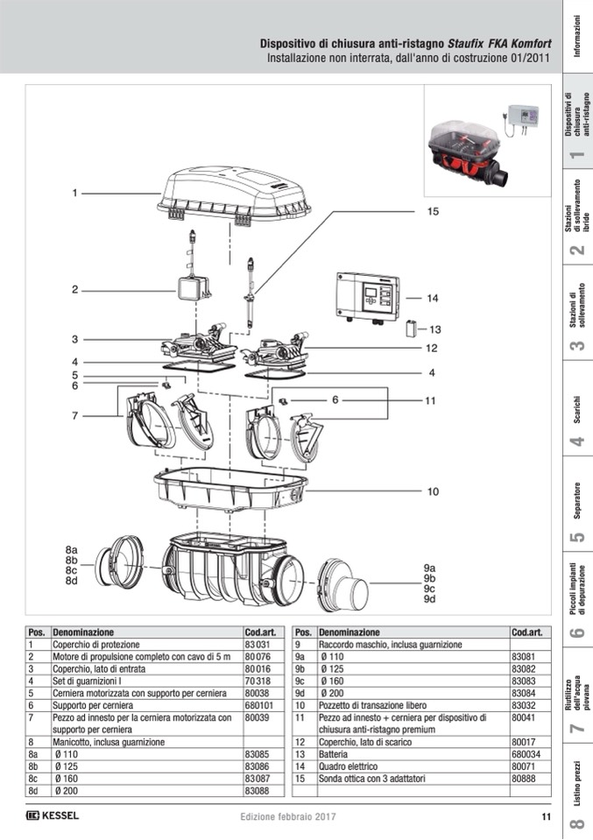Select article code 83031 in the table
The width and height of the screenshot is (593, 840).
[x=258, y=644]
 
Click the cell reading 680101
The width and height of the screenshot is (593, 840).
[x=259, y=704]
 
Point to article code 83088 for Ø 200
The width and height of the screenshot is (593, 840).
[x=258, y=790]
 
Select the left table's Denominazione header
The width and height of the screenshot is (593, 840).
[x=83, y=632]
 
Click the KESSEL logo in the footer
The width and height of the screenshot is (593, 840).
[x=53, y=816]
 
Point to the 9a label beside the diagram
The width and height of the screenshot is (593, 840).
[x=430, y=568]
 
